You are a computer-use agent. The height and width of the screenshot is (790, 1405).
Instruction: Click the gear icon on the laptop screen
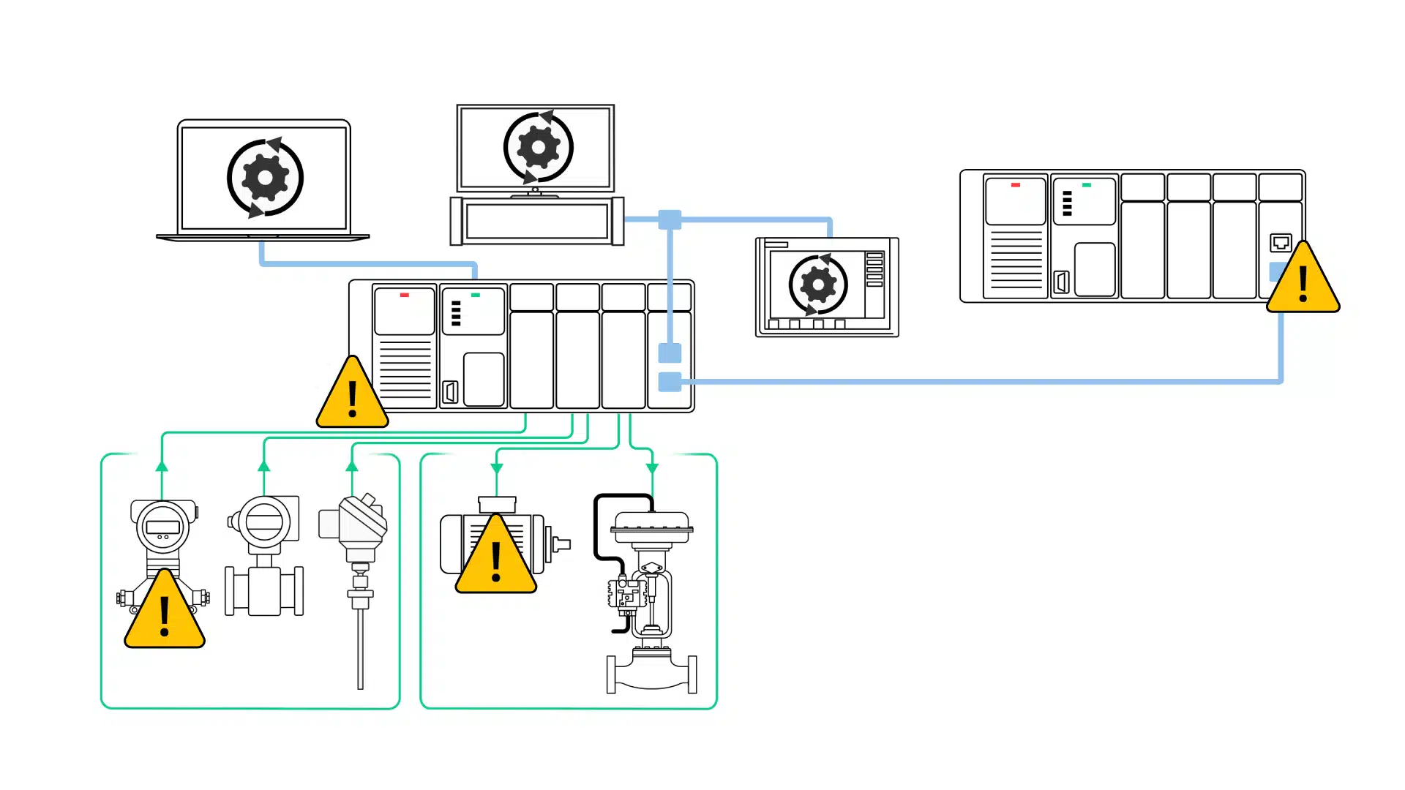point(265,178)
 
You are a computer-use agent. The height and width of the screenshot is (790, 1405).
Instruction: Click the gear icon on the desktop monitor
point(539,148)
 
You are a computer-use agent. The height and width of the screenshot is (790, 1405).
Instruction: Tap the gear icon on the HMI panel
point(818,285)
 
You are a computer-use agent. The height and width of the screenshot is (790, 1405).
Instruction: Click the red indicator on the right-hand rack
point(1015,185)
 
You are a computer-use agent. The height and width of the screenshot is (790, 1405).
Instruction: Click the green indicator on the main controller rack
point(476,295)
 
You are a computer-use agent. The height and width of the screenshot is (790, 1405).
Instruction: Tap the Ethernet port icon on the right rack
point(1281,242)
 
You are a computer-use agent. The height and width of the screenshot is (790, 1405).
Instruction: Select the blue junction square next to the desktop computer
point(670,219)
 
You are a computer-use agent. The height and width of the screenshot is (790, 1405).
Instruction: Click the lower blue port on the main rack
point(670,382)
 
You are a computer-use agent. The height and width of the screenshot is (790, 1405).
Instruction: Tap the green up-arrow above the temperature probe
point(352,466)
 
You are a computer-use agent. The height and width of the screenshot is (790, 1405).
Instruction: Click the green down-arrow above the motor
point(497,468)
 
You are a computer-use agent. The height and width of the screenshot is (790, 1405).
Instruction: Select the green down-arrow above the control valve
point(652,467)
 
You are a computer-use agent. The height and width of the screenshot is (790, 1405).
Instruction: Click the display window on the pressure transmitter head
point(162,527)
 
